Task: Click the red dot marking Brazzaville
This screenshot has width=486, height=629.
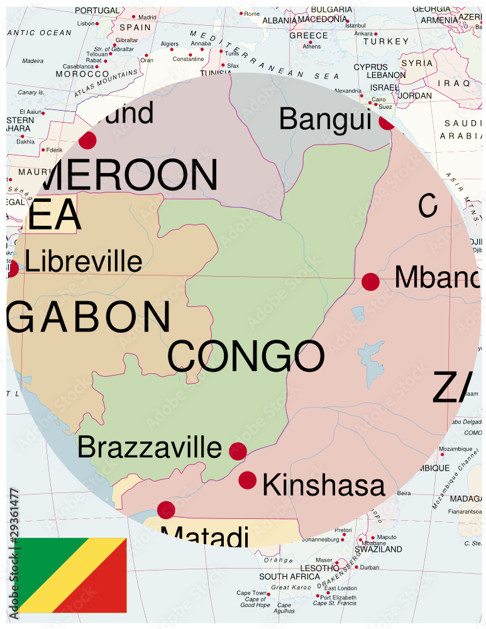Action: click(x=238, y=451)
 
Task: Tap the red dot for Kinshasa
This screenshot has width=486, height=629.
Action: click(x=248, y=480)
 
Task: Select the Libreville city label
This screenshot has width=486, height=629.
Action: click(x=84, y=262)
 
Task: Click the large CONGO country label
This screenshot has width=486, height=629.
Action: click(x=246, y=357)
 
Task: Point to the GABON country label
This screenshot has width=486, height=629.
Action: click(x=89, y=318)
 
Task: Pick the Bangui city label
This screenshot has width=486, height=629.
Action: click(x=325, y=119)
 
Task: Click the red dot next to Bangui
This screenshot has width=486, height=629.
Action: click(x=386, y=122)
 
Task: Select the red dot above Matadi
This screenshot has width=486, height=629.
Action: click(x=166, y=509)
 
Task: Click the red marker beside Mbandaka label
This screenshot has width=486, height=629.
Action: click(x=371, y=282)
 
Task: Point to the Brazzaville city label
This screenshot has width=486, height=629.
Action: click(x=150, y=448)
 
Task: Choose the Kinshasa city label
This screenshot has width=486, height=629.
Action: click(x=323, y=486)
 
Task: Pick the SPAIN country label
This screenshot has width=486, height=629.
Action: click(x=135, y=28)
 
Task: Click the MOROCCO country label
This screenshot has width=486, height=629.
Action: click(x=82, y=74)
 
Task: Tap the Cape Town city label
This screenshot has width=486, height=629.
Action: click(x=251, y=593)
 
